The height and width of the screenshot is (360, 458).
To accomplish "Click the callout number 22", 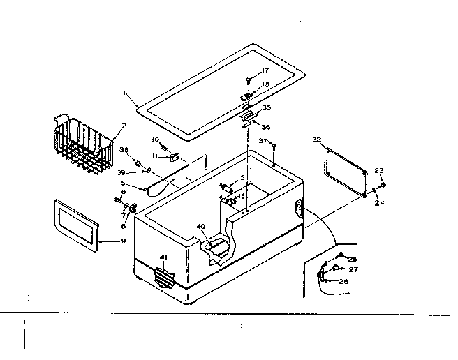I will [x=316, y=140].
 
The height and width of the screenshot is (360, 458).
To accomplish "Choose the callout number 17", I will [x=265, y=71].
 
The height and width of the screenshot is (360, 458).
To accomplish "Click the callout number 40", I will [x=201, y=227].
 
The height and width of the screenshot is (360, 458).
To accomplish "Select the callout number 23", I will [x=379, y=171].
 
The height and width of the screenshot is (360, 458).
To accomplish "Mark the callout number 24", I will [x=381, y=204].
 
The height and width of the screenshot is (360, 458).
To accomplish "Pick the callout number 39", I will [x=121, y=172].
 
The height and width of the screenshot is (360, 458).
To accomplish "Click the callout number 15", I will [x=242, y=179].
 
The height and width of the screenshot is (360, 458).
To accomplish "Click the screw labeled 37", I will [x=274, y=147].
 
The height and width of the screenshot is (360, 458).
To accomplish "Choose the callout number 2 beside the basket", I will [x=123, y=127].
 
